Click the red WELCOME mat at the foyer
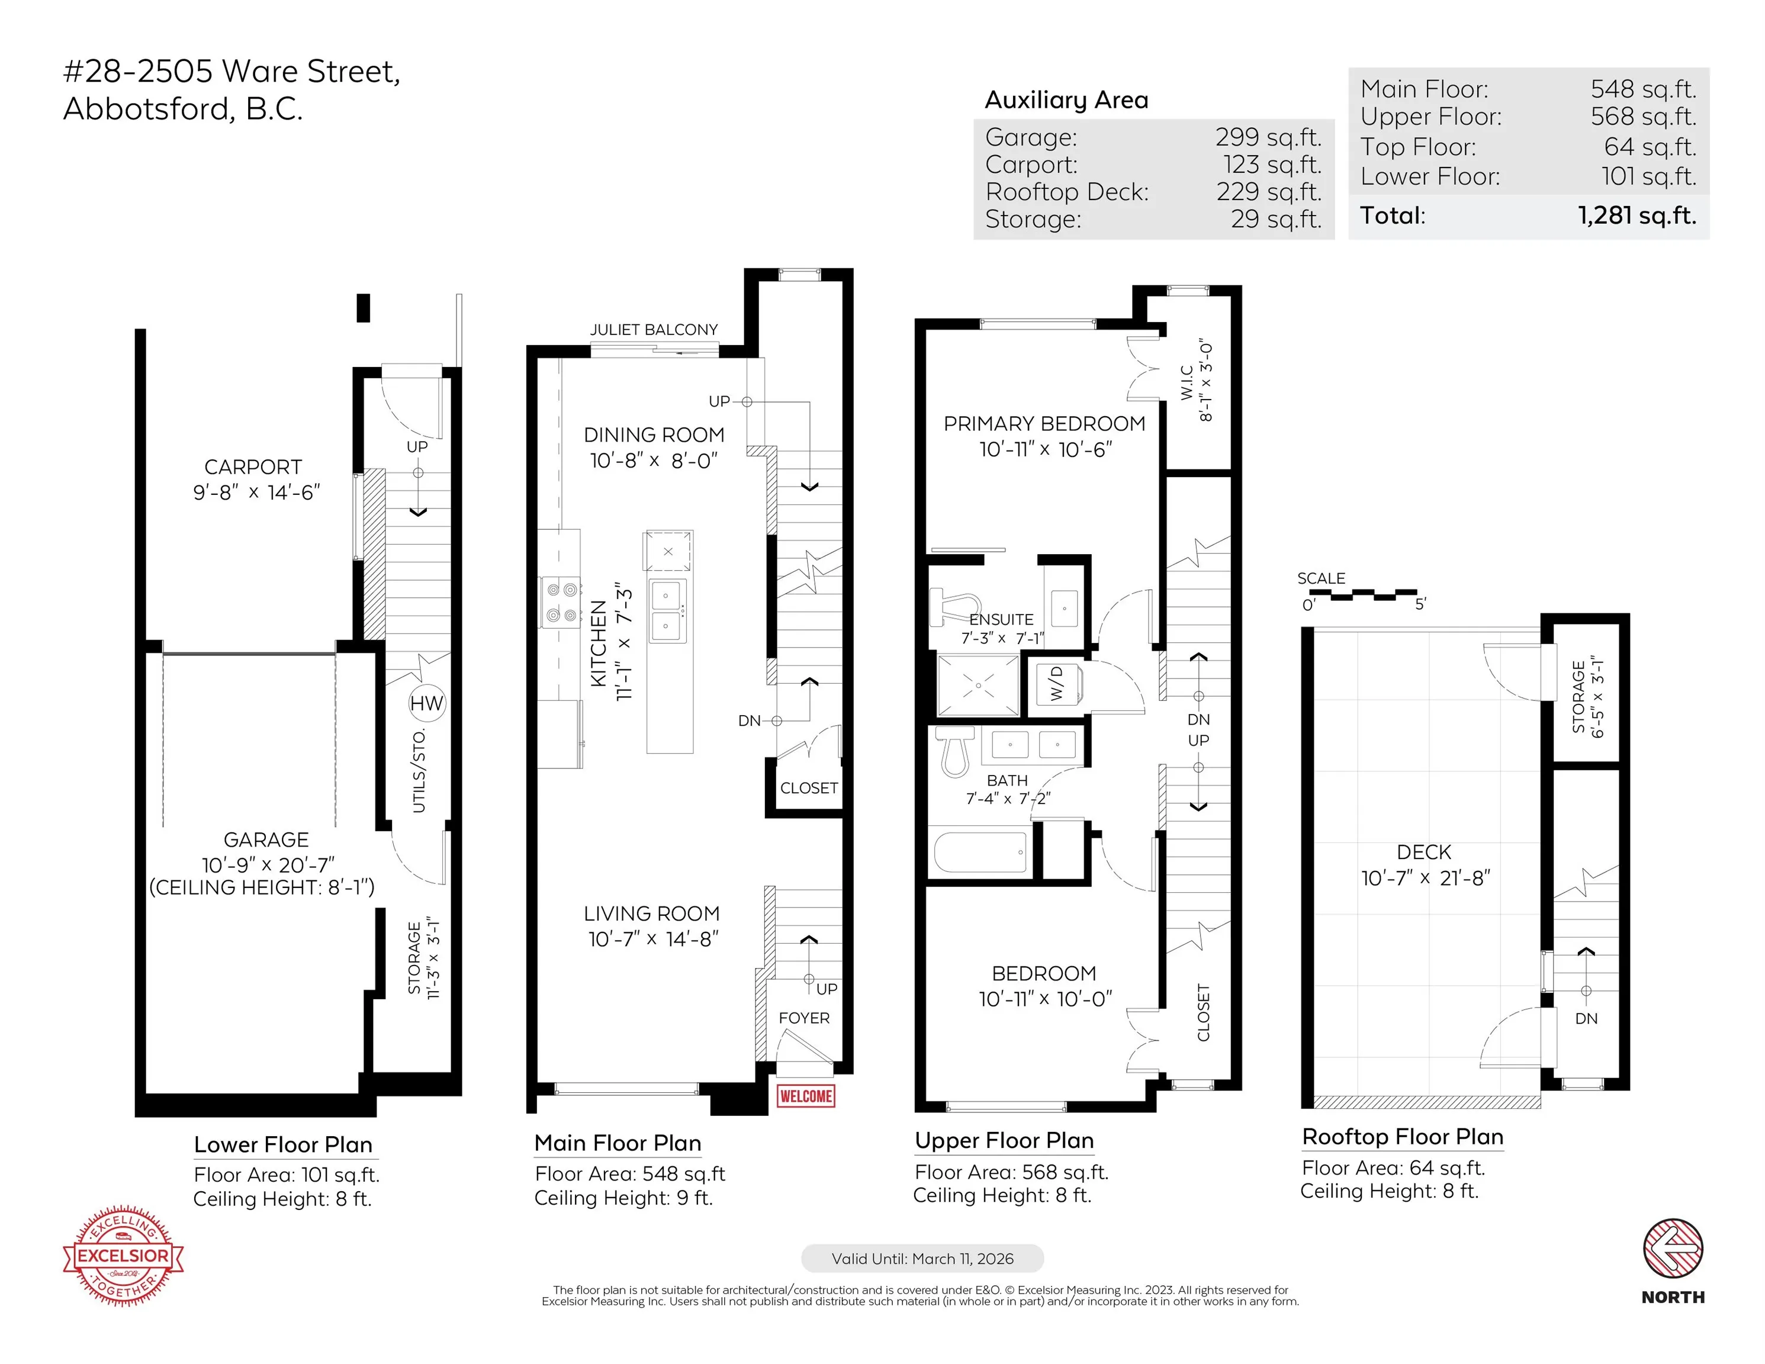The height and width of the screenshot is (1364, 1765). click(806, 1096)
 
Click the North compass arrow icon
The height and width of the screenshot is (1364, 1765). click(1673, 1249)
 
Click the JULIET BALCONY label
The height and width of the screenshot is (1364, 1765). click(654, 330)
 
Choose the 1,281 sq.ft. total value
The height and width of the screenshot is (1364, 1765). click(1637, 215)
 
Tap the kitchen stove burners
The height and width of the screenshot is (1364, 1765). click(561, 603)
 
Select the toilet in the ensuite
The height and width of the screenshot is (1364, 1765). click(954, 607)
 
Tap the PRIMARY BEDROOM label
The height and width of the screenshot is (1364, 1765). click(1044, 424)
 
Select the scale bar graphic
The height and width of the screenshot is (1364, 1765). click(1373, 596)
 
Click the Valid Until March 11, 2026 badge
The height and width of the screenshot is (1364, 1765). click(922, 1258)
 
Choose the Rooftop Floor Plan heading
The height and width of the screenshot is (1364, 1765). click(1402, 1137)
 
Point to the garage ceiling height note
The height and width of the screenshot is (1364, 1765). click(262, 887)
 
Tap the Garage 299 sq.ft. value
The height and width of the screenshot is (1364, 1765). click(1269, 137)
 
